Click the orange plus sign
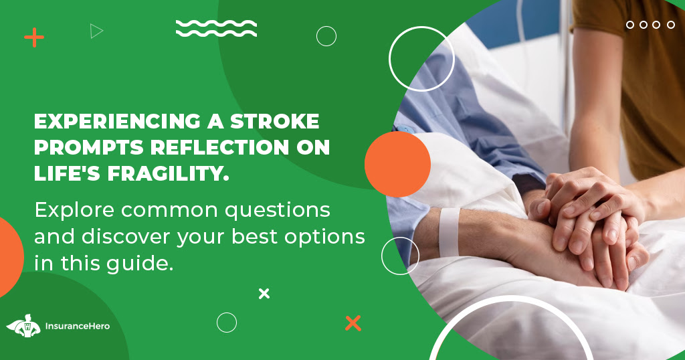click(33, 37)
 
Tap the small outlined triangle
click(97, 31)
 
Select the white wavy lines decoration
click(216, 28)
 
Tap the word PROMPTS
click(87, 148)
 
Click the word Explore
click(72, 210)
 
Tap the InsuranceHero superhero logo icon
click(23, 326)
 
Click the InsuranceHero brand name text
click(77, 327)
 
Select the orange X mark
click(353, 323)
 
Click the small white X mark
click(264, 293)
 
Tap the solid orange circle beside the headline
click(397, 164)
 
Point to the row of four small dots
click(652, 25)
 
